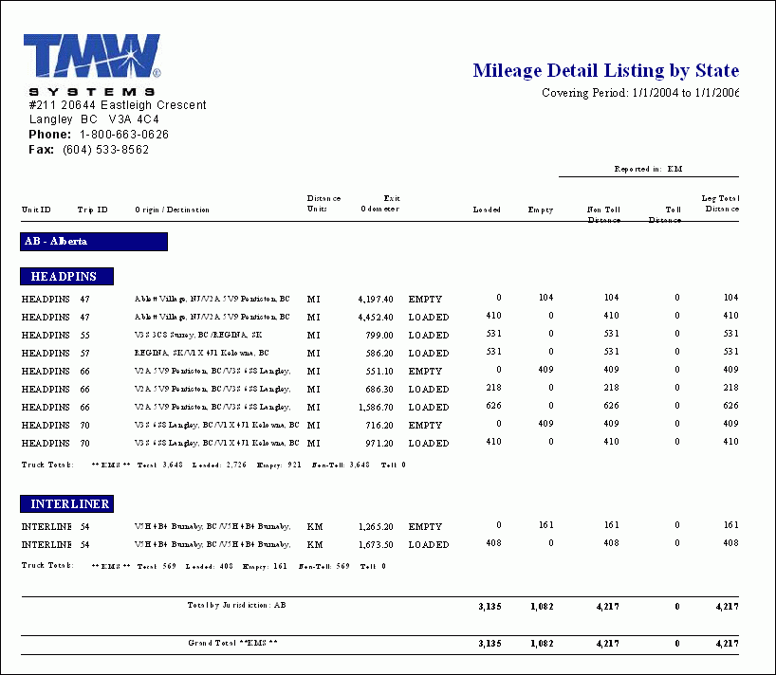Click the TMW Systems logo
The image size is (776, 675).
[x=92, y=63]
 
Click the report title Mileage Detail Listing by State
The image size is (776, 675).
[x=605, y=71]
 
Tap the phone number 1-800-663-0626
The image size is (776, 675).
[x=123, y=135]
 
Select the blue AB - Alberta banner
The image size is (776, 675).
[x=94, y=242]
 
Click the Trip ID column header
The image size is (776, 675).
[x=92, y=210]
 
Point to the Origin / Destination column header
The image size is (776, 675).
[x=172, y=210]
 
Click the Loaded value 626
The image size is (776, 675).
[x=492, y=407]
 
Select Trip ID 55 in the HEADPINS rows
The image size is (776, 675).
[x=84, y=335]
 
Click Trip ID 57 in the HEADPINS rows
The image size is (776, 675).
[x=84, y=353]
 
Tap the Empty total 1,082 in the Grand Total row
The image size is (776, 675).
[x=541, y=644]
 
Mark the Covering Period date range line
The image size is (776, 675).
[x=639, y=94]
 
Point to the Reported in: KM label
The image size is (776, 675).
[x=648, y=170]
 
